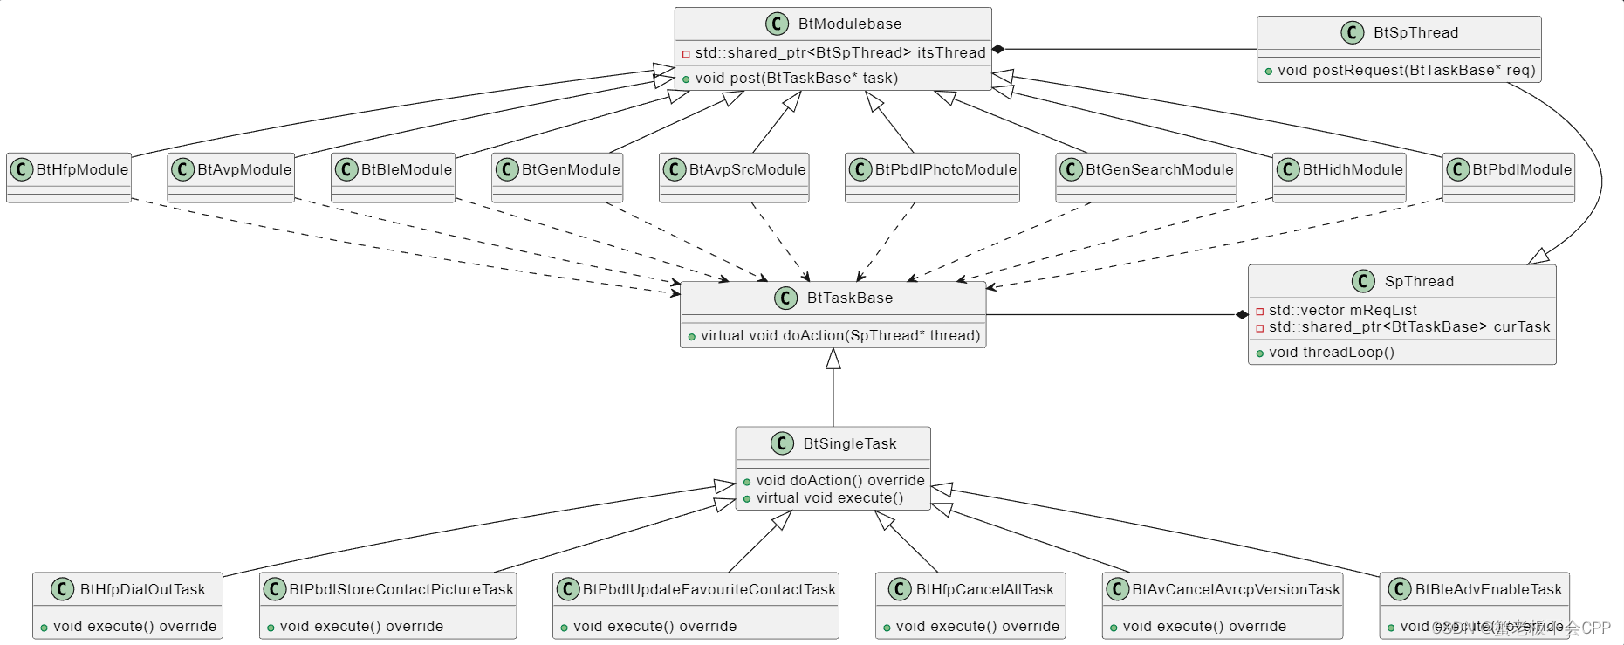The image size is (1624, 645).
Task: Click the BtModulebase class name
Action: click(849, 24)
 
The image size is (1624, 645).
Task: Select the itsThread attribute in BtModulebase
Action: click(839, 53)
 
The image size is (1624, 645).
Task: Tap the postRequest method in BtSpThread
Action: click(1405, 71)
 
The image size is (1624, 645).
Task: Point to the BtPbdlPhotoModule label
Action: click(945, 170)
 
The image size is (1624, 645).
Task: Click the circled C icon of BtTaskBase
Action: click(785, 298)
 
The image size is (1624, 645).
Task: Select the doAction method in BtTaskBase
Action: click(839, 336)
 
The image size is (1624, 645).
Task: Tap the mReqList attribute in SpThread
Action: click(1342, 311)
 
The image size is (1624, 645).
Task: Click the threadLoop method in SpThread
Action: click(1331, 353)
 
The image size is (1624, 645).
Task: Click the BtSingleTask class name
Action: click(849, 444)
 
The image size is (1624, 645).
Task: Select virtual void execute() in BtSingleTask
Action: click(829, 498)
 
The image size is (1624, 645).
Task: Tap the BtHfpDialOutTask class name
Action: click(142, 590)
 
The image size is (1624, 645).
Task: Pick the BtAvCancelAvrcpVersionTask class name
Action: click(1235, 590)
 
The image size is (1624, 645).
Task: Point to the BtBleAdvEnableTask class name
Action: click(1488, 590)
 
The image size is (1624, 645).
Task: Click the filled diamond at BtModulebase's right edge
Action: click(998, 50)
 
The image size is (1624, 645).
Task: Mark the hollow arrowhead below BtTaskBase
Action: click(833, 358)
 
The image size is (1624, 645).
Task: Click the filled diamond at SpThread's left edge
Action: click(1242, 315)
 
